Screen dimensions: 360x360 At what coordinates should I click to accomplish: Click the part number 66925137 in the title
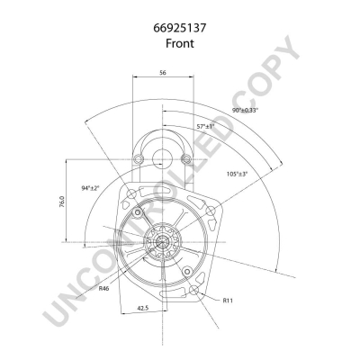[x=180, y=28]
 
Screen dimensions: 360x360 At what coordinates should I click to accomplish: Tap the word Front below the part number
[x=180, y=43]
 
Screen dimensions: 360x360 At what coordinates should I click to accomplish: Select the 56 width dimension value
[x=163, y=72]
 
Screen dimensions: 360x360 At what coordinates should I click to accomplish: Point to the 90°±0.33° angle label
[x=245, y=110]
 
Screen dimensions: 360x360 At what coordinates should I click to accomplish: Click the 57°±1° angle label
[x=206, y=126]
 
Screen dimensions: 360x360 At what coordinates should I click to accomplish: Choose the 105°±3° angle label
[x=237, y=174]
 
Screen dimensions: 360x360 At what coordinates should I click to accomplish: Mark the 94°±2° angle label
[x=90, y=188]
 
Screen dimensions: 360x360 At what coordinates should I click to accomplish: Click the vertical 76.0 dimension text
[x=62, y=202]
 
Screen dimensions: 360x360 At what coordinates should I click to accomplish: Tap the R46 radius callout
[x=104, y=289]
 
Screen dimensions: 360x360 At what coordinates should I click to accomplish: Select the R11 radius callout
[x=228, y=300]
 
